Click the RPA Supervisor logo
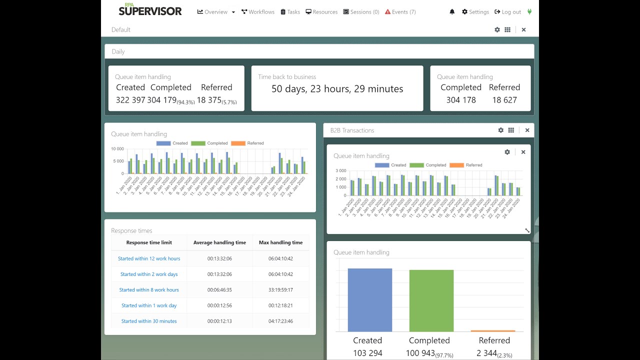pos(150,10)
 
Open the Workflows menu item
pos(258,12)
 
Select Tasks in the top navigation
pos(290,12)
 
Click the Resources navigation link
pos(321,12)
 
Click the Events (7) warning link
pos(400,12)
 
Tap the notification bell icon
pos(452,12)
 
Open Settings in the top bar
pos(475,12)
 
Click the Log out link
pos(507,12)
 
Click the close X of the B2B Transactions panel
pos(527,130)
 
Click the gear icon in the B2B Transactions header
pos(500,130)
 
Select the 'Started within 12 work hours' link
pos(149,258)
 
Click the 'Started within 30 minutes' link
pos(149,321)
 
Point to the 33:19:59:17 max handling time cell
pos(280,290)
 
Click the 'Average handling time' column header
pos(219,242)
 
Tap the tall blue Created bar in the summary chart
pos(369,300)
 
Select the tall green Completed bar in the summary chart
pos(431,300)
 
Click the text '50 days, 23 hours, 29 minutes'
pos(337,89)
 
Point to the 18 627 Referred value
pos(504,100)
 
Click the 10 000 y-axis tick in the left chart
pos(117,149)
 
